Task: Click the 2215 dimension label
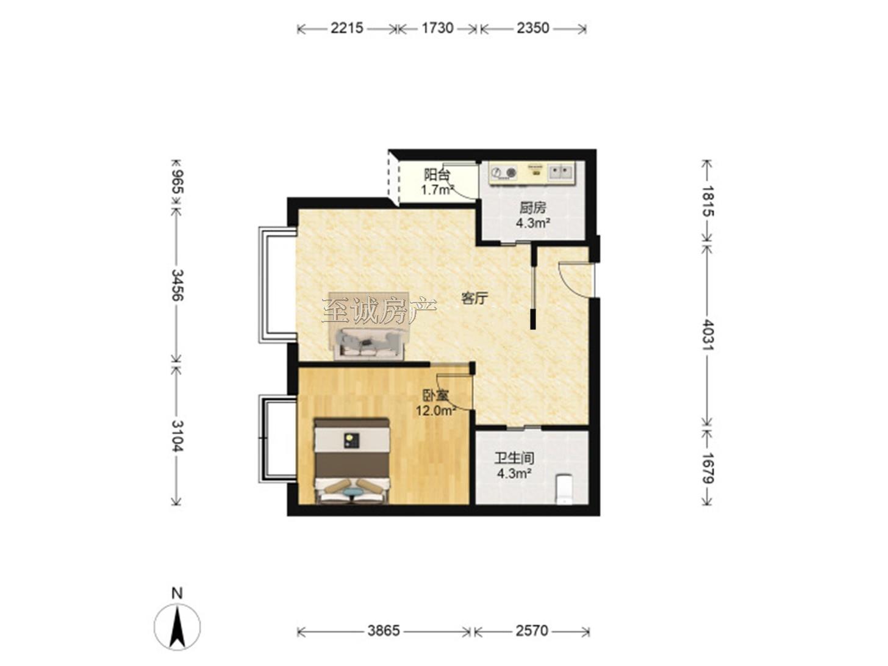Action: (x=346, y=28)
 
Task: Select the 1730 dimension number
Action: (x=437, y=28)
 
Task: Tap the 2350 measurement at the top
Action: (x=532, y=28)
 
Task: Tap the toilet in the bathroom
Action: (x=564, y=489)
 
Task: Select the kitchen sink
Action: (x=560, y=172)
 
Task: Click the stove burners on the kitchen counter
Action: (x=504, y=173)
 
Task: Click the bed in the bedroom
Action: (x=352, y=461)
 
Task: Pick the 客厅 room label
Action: (x=474, y=298)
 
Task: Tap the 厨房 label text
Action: (x=532, y=208)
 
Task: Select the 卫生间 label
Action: (x=514, y=458)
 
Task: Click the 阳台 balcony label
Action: (x=437, y=174)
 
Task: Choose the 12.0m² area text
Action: (x=436, y=411)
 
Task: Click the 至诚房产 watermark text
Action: (x=379, y=310)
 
